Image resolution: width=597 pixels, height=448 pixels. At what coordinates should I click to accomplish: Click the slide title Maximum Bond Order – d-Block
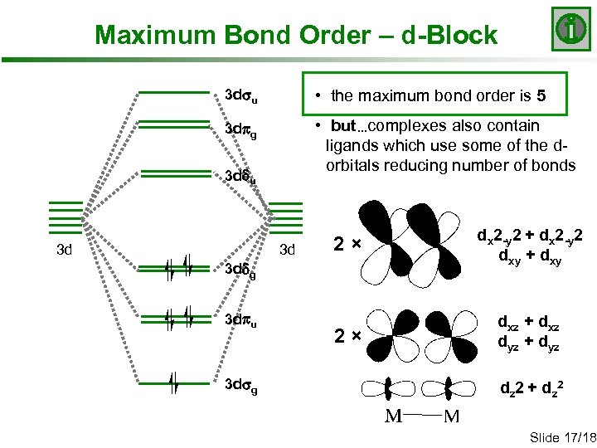[x=296, y=36]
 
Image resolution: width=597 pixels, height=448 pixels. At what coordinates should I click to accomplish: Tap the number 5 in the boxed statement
[x=541, y=95]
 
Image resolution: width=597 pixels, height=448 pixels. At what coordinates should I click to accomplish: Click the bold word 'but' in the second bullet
[x=342, y=126]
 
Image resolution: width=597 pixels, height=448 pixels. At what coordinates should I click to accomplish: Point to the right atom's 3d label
[x=287, y=249]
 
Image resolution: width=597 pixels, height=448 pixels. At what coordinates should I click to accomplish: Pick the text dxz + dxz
[x=527, y=321]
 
